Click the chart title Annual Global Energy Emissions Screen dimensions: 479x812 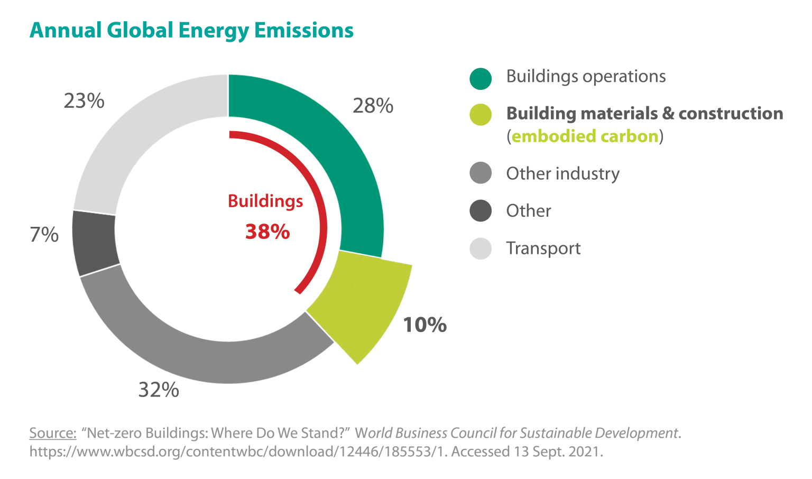[x=191, y=30]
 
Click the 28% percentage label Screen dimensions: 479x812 [x=373, y=106]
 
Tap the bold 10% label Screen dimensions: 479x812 [x=425, y=325]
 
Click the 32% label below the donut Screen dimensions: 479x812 [x=159, y=390]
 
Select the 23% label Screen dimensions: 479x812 [x=84, y=101]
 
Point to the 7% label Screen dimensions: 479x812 [x=44, y=235]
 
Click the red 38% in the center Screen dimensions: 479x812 [x=267, y=232]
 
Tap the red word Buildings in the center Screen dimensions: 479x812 [x=265, y=201]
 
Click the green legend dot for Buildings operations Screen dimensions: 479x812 [x=481, y=78]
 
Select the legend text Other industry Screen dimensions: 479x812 [x=562, y=173]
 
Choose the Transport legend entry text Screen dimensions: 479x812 [x=543, y=248]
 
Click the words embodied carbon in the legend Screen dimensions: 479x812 [x=585, y=136]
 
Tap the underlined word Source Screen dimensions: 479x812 [x=53, y=433]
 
